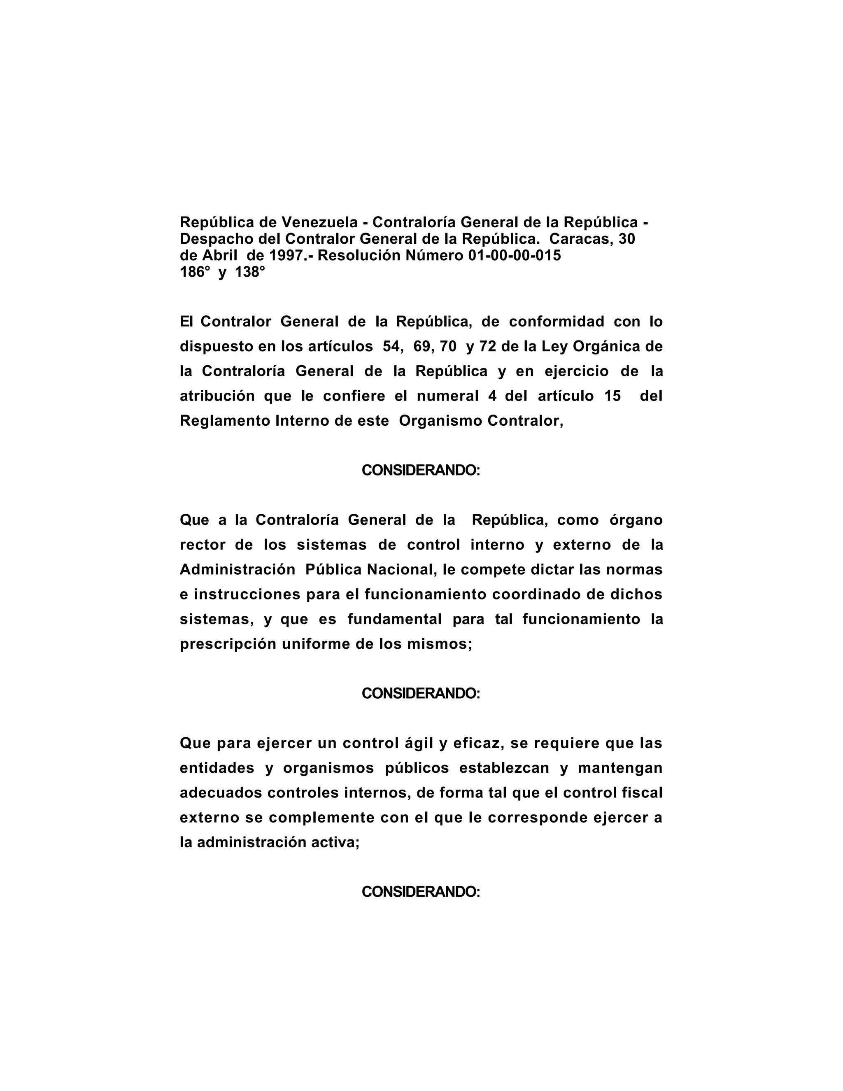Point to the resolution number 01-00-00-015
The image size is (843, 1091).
(515, 255)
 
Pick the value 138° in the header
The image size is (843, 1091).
(250, 272)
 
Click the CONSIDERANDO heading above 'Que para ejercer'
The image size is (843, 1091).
(421, 694)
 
